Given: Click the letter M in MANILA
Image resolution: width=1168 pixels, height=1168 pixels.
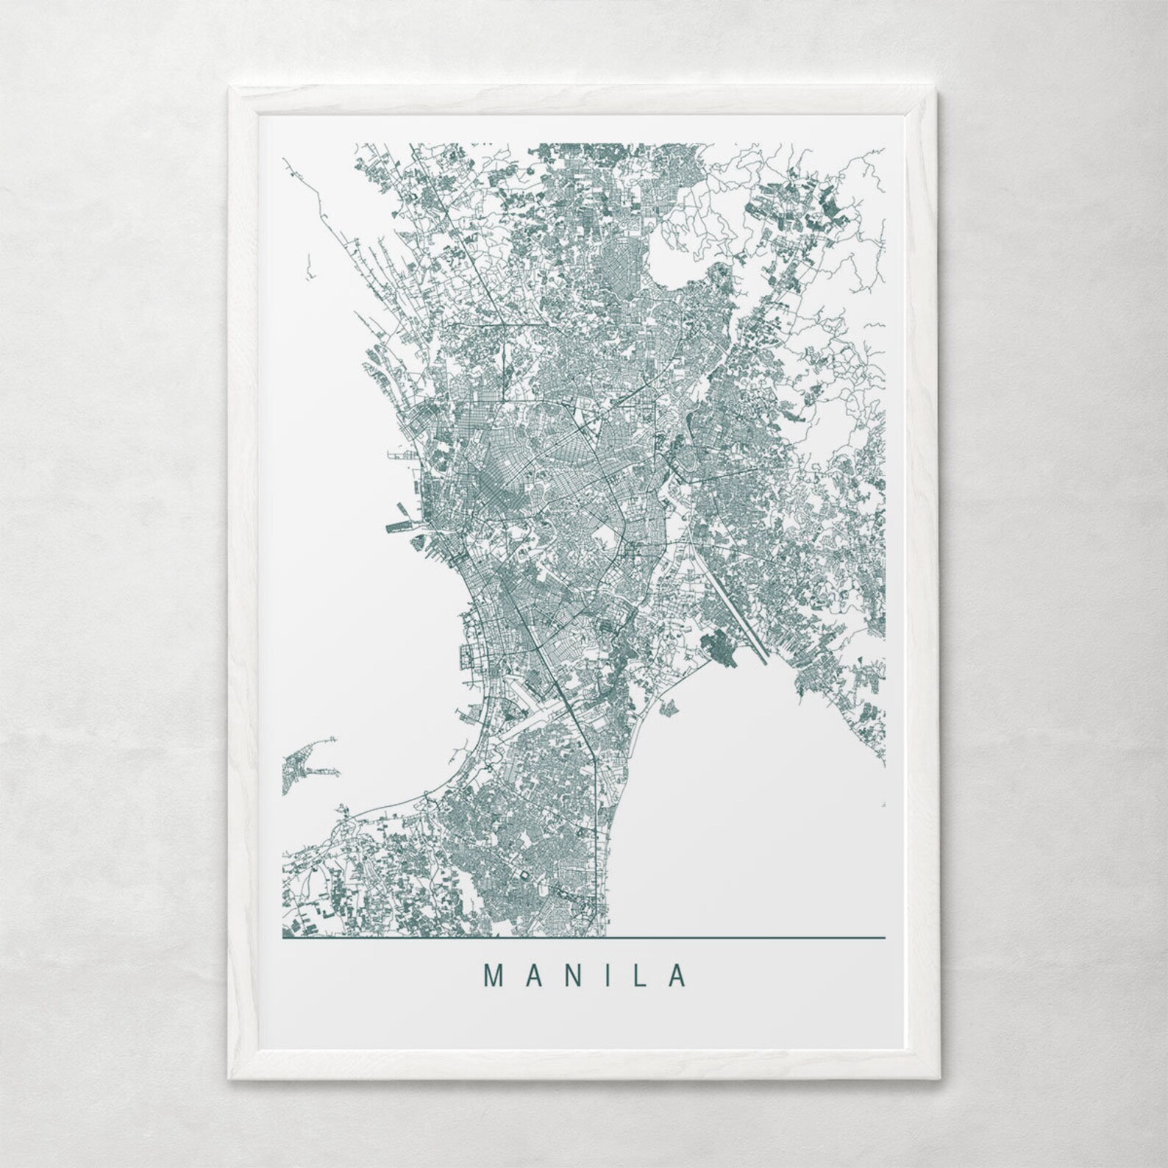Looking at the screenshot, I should click(492, 975).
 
